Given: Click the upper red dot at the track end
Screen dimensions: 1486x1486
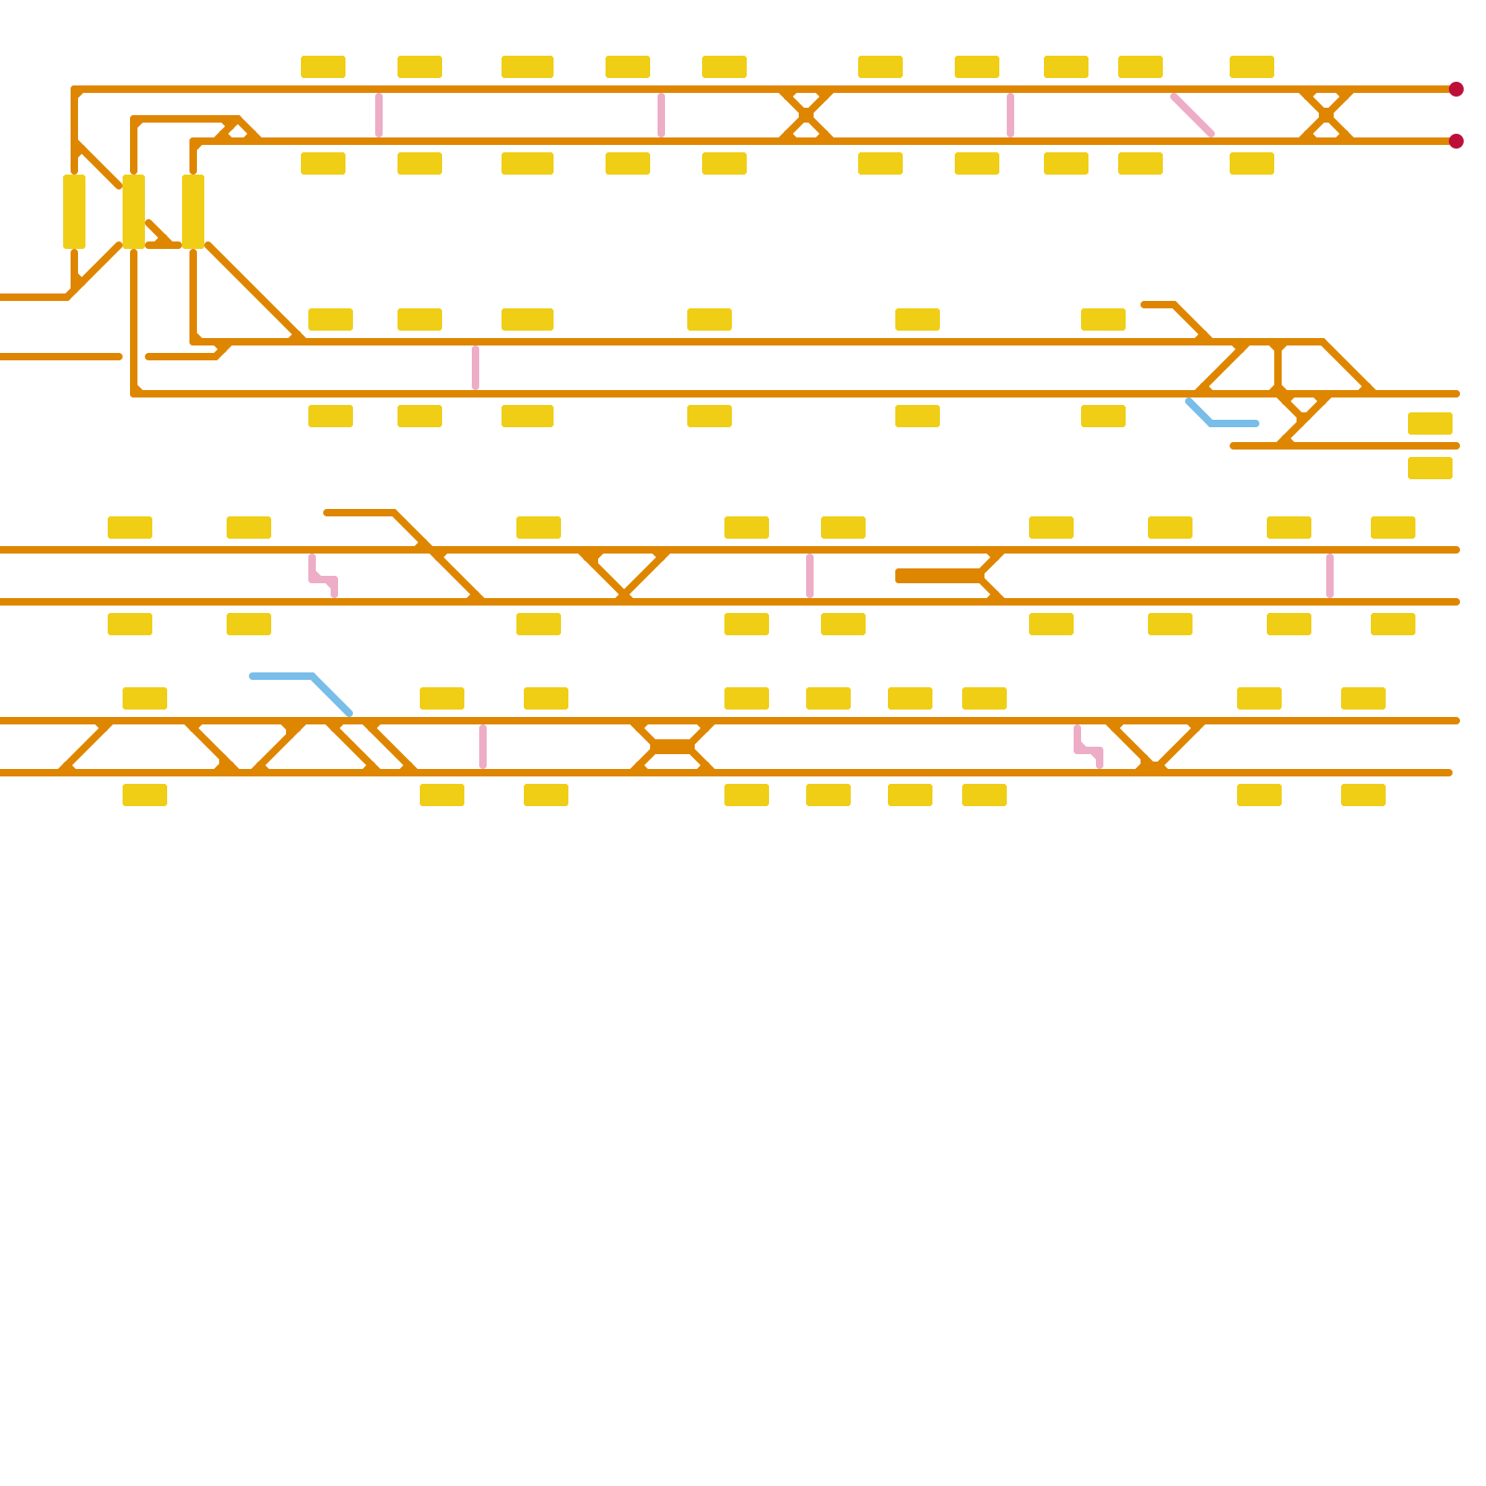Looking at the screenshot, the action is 1455,89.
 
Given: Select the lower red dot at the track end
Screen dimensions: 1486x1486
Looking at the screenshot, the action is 1455,141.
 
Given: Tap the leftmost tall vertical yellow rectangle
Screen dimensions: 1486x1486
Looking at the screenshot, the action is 74,212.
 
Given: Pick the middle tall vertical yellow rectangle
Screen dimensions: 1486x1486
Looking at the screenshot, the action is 134,212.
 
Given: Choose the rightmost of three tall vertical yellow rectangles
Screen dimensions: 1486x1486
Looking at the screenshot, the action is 193,212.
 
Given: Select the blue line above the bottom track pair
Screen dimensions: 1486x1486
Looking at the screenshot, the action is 297,682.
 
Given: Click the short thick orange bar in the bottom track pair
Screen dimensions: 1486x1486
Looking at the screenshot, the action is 672,747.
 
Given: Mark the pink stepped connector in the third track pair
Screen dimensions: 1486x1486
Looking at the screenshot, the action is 323,578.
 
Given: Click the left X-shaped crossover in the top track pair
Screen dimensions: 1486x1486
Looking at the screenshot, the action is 805,115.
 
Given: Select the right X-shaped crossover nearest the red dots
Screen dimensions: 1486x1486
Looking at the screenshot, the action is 1325,115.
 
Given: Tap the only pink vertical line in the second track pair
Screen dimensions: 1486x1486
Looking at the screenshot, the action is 476,368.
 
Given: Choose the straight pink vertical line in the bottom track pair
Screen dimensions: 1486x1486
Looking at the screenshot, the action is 483,747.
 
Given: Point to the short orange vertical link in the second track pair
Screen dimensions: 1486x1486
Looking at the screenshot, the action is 1279,368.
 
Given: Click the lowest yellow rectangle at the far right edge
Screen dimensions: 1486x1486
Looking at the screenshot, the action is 1429,468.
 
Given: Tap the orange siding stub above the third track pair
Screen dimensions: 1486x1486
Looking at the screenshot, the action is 362,513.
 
